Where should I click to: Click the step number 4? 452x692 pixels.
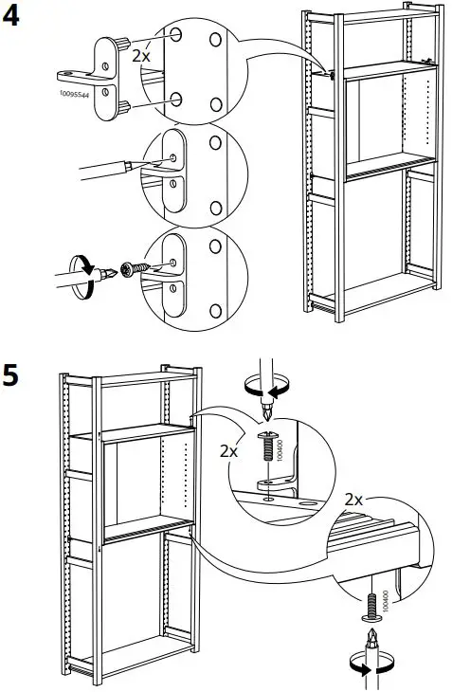pyautogui.click(x=14, y=18)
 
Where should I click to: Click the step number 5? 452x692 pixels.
pyautogui.click(x=12, y=375)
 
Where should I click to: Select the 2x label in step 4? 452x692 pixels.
pyautogui.click(x=140, y=57)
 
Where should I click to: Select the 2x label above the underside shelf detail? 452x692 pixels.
pyautogui.click(x=354, y=500)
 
